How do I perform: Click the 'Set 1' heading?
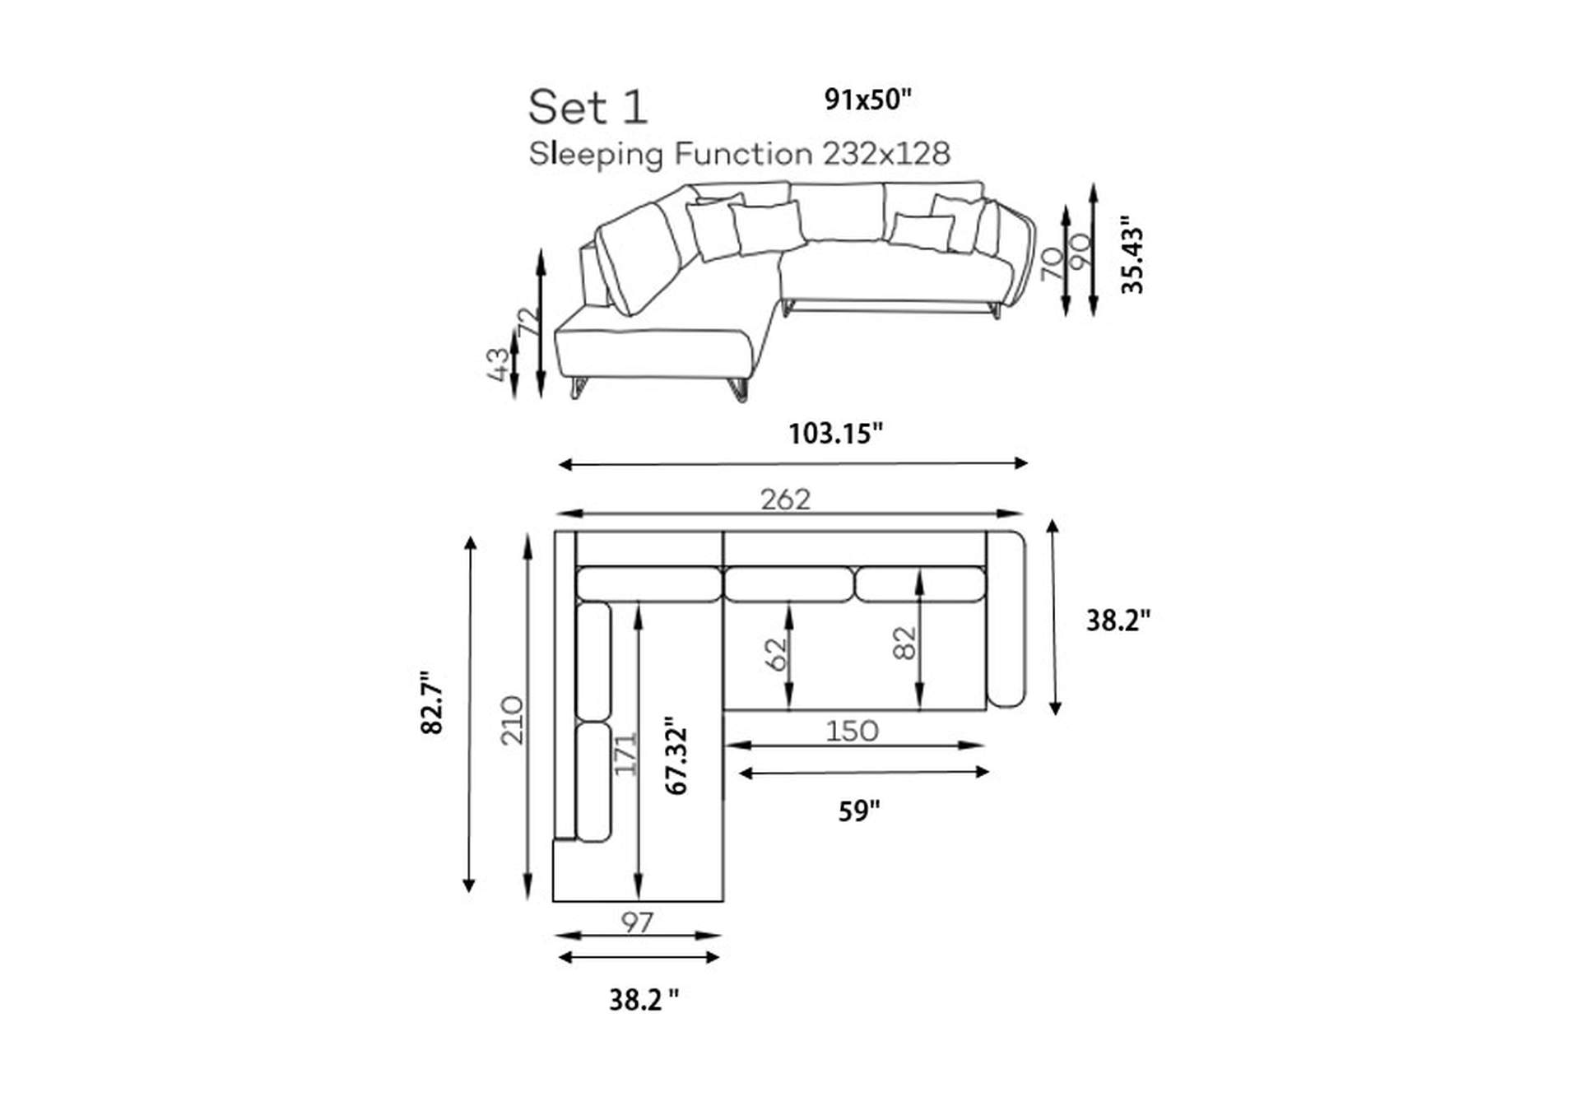pyautogui.click(x=588, y=108)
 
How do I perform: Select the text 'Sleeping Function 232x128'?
pyautogui.click(x=739, y=154)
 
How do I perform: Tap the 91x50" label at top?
pyautogui.click(x=868, y=100)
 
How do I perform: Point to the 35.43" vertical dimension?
pyautogui.click(x=1132, y=254)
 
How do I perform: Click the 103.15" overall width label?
pyautogui.click(x=835, y=434)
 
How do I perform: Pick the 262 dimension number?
pyautogui.click(x=785, y=500)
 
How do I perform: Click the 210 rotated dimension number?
pyautogui.click(x=512, y=720)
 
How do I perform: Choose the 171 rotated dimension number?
pyautogui.click(x=625, y=753)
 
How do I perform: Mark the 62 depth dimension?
pyautogui.click(x=775, y=655)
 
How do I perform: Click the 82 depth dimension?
pyautogui.click(x=904, y=643)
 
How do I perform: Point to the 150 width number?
pyautogui.click(x=852, y=731)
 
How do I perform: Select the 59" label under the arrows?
pyautogui.click(x=859, y=811)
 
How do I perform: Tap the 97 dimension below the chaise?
pyautogui.click(x=637, y=922)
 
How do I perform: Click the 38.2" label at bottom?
pyautogui.click(x=644, y=1000)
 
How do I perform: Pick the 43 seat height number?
pyautogui.click(x=498, y=365)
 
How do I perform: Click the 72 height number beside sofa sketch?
pyautogui.click(x=529, y=321)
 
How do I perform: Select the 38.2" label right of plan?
pyautogui.click(x=1118, y=620)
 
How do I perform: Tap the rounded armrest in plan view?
pyautogui.click(x=1006, y=619)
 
